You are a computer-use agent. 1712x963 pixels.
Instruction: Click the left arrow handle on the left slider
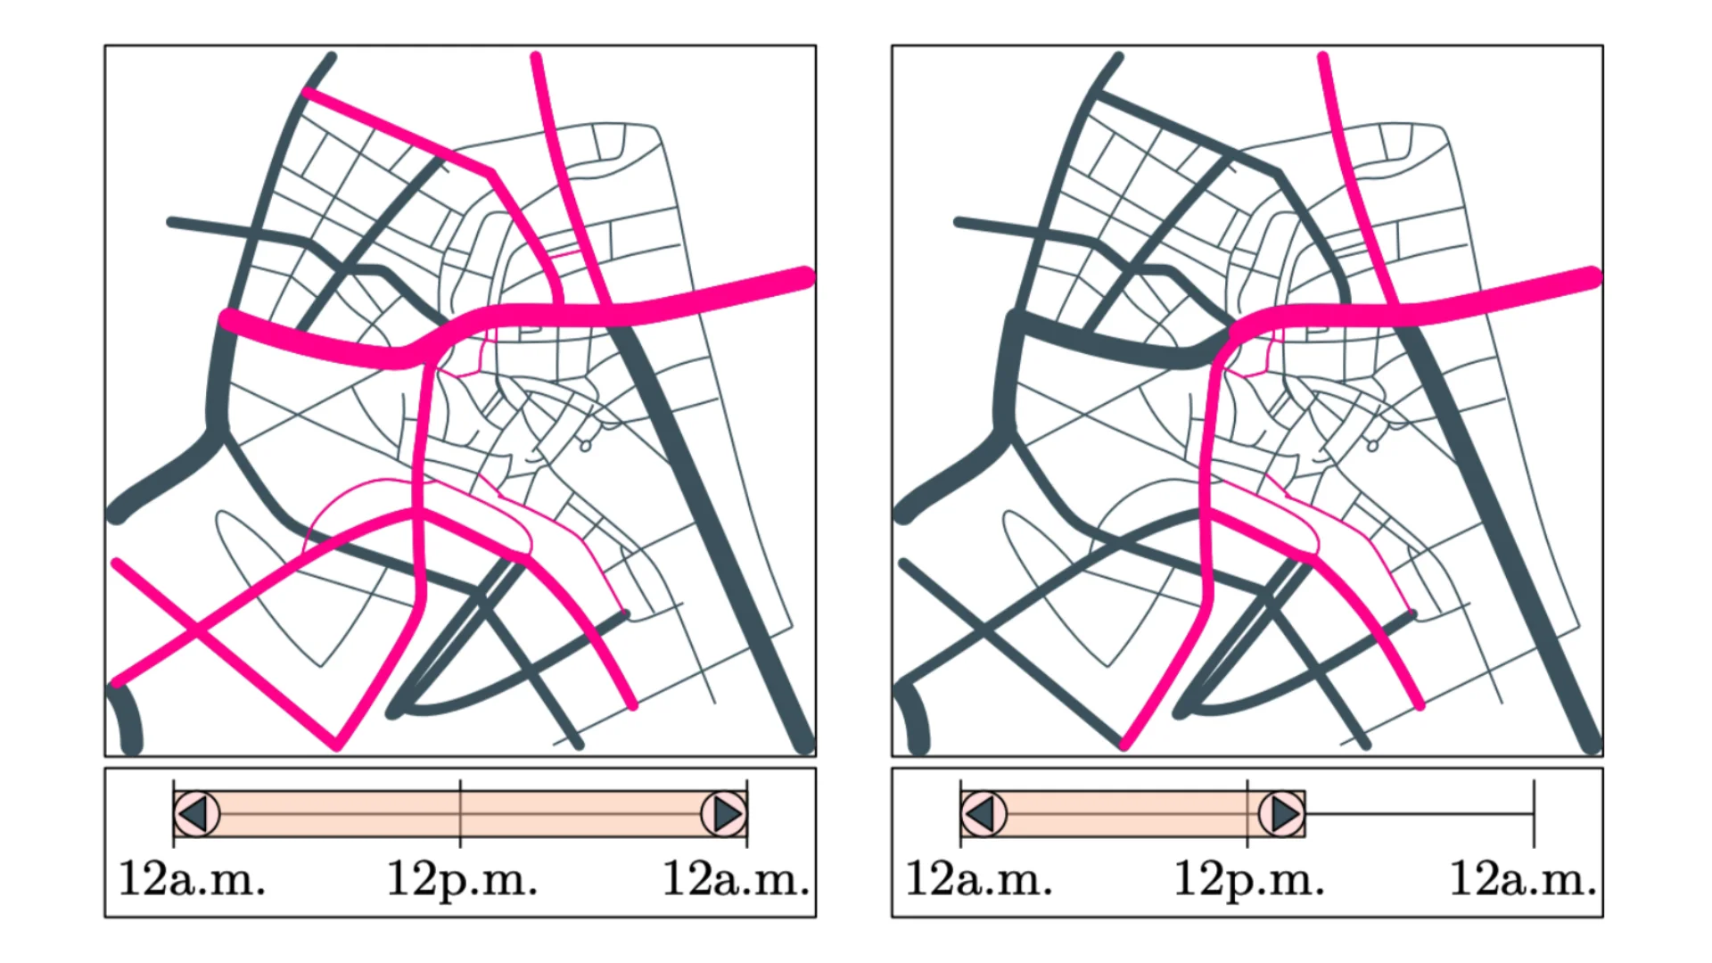pos(196,813)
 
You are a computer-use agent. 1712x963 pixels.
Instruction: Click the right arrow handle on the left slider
pos(724,813)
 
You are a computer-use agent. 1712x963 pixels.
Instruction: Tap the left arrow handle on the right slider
pos(984,813)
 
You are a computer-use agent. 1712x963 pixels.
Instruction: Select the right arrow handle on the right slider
pos(1281,813)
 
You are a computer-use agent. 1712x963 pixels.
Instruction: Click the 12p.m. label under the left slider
pos(461,879)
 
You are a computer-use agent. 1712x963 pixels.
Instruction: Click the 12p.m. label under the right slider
pos(1248,879)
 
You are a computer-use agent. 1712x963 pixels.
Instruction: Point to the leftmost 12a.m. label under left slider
pos(192,879)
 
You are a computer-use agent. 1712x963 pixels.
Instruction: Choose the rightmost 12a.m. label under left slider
pos(736,879)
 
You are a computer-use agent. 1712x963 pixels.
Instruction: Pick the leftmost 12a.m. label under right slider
pos(979,879)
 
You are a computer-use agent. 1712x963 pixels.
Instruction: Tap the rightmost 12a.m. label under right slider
pos(1523,879)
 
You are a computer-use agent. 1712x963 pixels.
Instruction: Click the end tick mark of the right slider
pos(1534,813)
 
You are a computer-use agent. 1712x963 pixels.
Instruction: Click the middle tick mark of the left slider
pos(460,813)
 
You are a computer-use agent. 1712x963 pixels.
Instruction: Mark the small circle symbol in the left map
pos(586,445)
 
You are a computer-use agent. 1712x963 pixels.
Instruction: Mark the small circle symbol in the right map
pos(1373,445)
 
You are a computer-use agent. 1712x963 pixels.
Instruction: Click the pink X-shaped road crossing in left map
pos(195,631)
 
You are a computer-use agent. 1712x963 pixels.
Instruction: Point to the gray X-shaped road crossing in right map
pos(982,631)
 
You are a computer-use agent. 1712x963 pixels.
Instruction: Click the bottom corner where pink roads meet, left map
pos(337,744)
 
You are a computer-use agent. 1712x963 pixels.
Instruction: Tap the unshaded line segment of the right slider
pos(1418,814)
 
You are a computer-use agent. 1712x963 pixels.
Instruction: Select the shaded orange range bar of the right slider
pos(1132,813)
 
